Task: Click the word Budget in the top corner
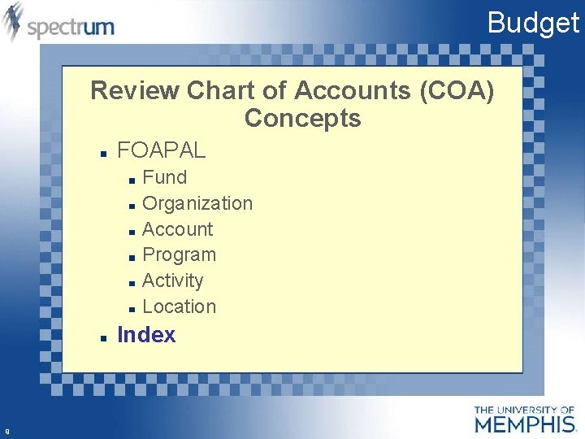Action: coord(533,22)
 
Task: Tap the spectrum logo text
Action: coord(71,28)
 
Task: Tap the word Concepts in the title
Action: coord(302,119)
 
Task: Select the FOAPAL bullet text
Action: coord(162,150)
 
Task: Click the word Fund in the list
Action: coord(164,177)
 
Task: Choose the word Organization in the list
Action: coord(197,203)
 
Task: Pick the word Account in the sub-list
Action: coord(177,229)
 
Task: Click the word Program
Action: coord(179,254)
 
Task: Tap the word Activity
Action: coord(172,280)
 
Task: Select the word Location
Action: coord(179,306)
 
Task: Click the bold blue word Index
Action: coord(146,335)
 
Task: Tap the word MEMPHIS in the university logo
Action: coord(524,424)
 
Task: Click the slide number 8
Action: coord(6,431)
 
